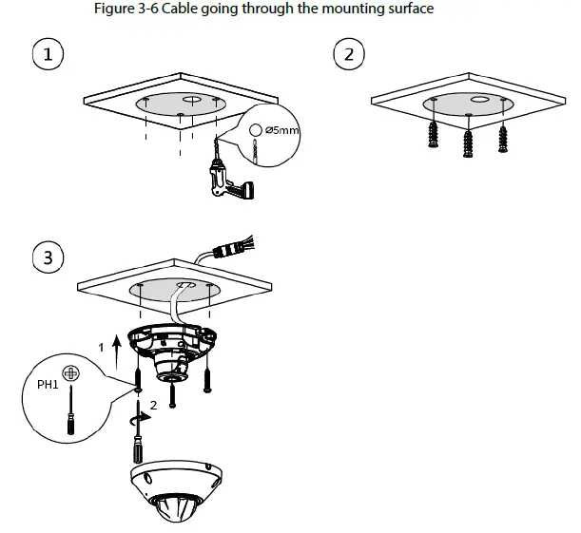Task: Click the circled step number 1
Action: coord(48,54)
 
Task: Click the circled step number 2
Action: coord(349,54)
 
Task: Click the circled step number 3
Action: coord(48,257)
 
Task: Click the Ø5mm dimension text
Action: coord(281,130)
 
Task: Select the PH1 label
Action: coord(48,385)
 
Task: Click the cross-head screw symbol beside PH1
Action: coord(70,373)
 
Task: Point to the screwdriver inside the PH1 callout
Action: coord(70,409)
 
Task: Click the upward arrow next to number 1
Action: coord(117,352)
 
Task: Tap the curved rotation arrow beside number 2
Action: coord(140,418)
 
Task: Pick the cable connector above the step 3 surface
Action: coord(233,247)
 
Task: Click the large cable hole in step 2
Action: coord(479,99)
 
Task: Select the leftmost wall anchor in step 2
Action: coord(434,134)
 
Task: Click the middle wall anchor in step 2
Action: coord(468,143)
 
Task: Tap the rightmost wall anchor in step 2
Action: coord(503,139)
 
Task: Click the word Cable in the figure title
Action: coord(180,9)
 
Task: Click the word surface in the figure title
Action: coord(411,9)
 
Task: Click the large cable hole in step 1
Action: coord(192,99)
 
